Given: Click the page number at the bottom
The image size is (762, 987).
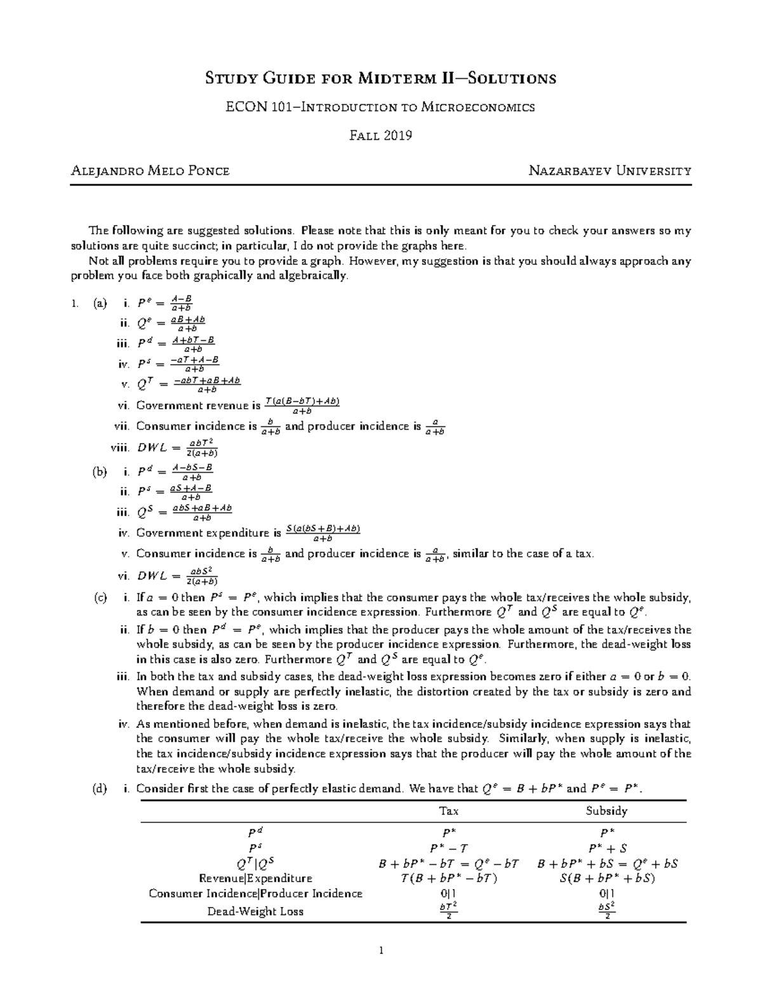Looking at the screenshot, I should pos(381,951).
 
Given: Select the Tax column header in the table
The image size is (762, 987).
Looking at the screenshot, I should pos(449,810).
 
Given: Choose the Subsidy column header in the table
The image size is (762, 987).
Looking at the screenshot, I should pos(606,810).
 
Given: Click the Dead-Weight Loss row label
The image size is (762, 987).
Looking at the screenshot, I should pos(255,911).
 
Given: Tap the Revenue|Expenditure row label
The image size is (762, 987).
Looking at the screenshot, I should pos(255,878).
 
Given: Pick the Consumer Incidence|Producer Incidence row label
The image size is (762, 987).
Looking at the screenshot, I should pos(255,894).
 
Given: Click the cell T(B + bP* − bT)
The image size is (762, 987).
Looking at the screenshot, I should pos(449,878).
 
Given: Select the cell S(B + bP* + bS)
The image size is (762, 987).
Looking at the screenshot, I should pos(606,878).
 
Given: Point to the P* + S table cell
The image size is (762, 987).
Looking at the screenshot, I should pos(606,848).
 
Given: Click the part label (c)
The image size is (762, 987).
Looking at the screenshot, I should pos(100,597).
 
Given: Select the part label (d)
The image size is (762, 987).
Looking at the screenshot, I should pos(100,789).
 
